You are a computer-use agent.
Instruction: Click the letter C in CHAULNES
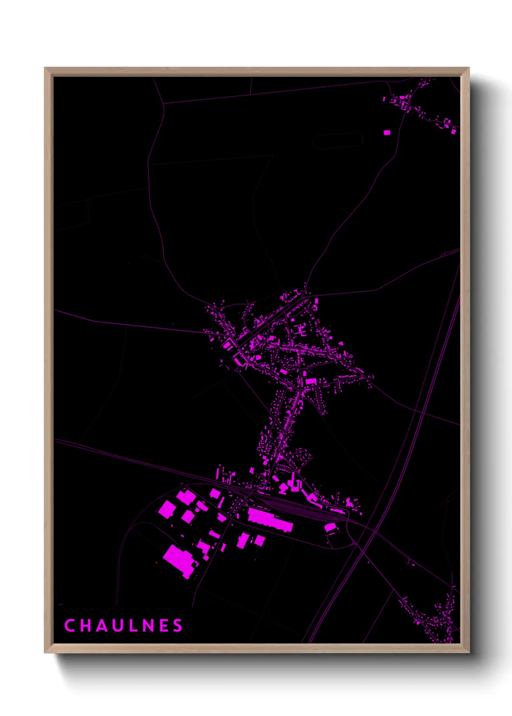pos(69,626)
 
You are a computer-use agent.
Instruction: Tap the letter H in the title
pos(85,626)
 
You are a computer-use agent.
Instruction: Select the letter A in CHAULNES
pos(100,626)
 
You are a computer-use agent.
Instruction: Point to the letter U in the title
pos(116,626)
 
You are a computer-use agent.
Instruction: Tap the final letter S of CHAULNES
pos(178,626)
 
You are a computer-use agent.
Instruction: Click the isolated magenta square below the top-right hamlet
pos(387,132)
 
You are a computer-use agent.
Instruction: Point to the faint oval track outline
pos(337,141)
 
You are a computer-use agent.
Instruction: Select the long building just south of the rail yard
pos(270,520)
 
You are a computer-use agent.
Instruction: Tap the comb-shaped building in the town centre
pos(300,330)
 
